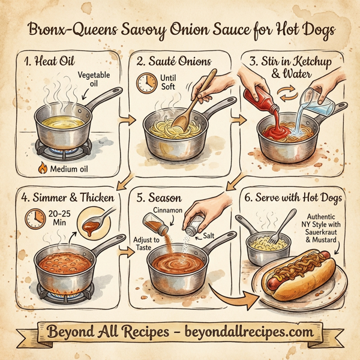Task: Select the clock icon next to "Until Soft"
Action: pos(145,82)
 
